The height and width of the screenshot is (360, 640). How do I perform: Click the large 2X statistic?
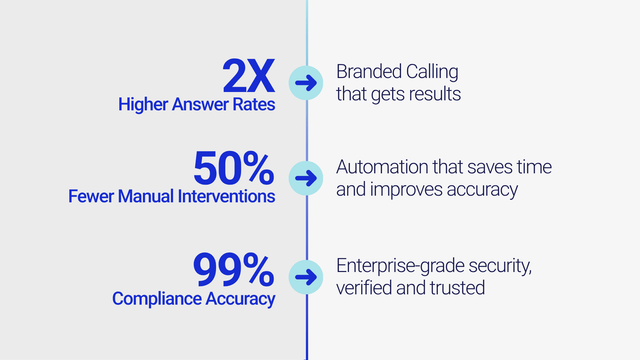(249, 76)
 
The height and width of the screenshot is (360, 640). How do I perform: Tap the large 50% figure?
(234, 168)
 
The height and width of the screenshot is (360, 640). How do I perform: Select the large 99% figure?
(234, 269)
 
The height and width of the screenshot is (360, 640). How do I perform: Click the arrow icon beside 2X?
(306, 83)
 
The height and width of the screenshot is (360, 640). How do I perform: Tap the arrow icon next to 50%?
(306, 178)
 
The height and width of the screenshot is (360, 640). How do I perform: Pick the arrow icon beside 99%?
(306, 277)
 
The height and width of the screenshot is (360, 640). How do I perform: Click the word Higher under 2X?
(143, 105)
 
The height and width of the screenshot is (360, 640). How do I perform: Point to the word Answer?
(200, 104)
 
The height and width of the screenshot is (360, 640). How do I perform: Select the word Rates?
(254, 104)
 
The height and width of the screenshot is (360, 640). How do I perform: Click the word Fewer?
(91, 196)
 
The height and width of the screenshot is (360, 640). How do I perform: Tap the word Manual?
(146, 196)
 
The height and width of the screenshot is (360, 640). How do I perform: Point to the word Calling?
(432, 72)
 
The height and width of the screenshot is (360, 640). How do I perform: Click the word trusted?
(457, 288)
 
